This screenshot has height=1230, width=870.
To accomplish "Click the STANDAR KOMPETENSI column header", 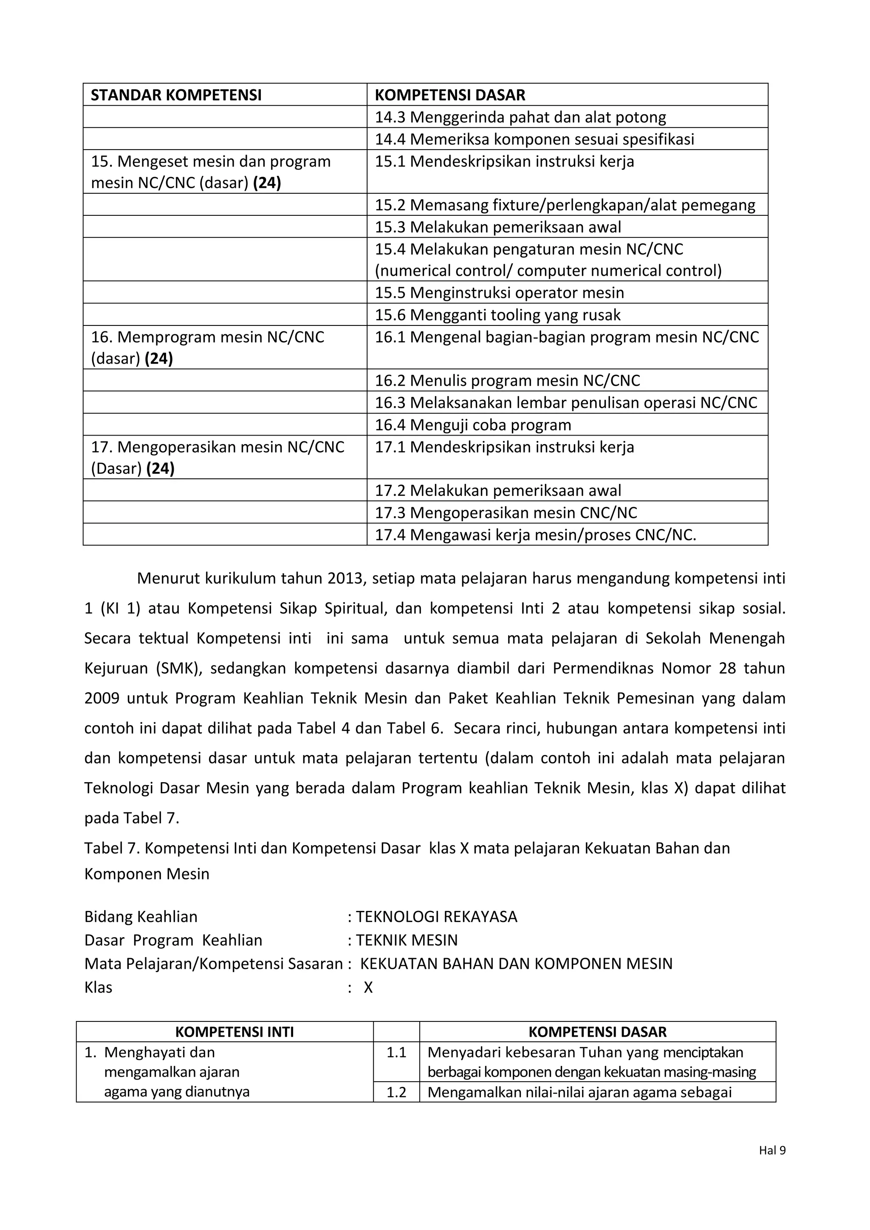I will coord(176,95).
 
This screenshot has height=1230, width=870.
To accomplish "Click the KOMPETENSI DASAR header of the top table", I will coord(449,95).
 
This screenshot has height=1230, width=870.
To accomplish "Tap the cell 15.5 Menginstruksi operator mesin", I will coord(499,292).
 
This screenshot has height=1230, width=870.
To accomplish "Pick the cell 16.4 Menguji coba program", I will coord(472,425).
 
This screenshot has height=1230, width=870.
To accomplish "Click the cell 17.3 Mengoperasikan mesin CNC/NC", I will coord(505,513).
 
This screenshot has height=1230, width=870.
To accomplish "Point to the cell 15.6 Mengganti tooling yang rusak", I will coord(497,314).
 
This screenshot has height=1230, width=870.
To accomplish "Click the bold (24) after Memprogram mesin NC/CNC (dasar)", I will coord(158,359).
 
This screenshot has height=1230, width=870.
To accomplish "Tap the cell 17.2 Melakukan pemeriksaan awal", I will coord(498,491).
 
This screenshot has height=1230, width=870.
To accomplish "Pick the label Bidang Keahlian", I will coord(141,916).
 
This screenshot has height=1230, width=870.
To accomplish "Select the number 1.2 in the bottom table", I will coord(396,1092).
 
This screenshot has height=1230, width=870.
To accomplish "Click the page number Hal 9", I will coord(772,1150).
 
